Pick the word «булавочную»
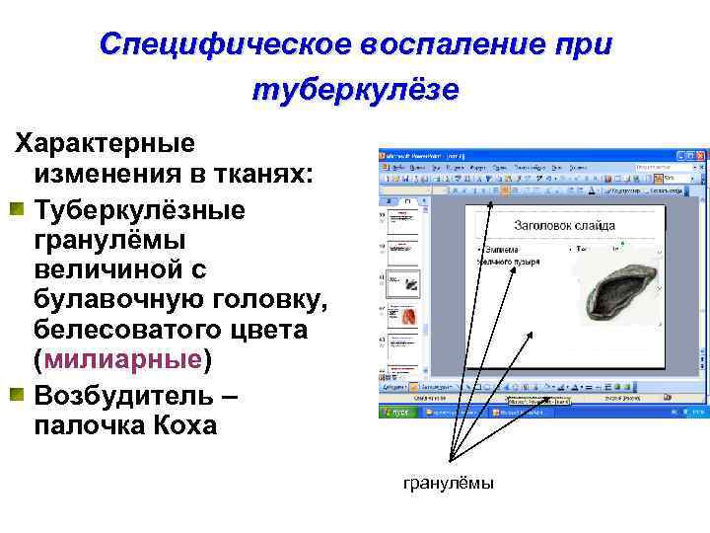(109, 300)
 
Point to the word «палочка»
(83, 425)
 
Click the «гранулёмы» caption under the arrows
(449, 483)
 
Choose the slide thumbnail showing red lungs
(405, 317)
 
